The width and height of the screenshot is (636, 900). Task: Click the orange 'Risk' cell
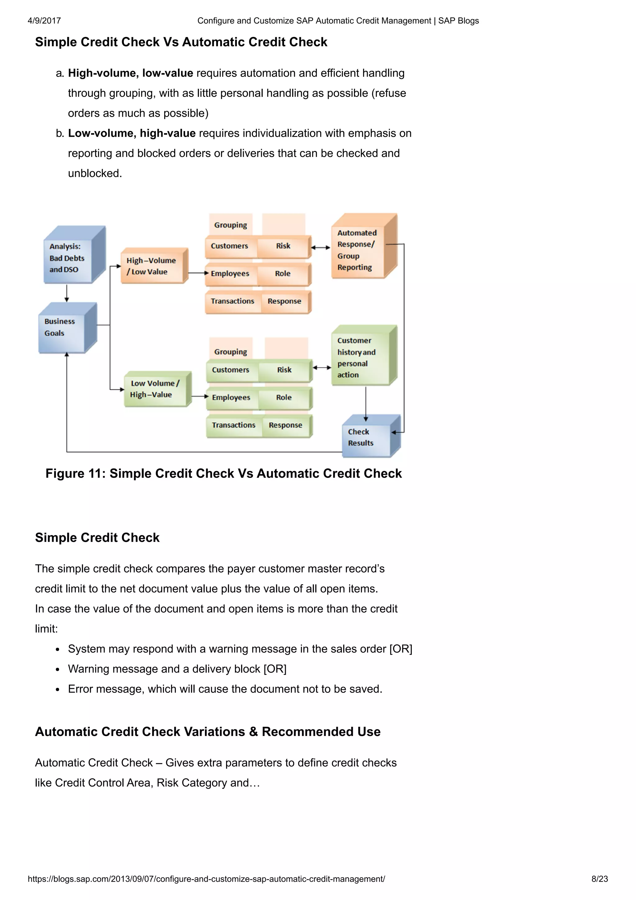pos(283,246)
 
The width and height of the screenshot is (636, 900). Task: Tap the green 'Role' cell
pos(284,398)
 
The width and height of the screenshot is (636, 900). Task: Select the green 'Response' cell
pos(285,425)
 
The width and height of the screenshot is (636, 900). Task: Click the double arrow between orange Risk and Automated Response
pos(321,248)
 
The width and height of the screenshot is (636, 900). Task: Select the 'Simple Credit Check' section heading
pos(97,537)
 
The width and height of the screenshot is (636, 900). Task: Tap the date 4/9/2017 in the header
pos(44,21)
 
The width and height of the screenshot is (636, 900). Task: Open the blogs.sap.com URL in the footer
pos(206,879)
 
